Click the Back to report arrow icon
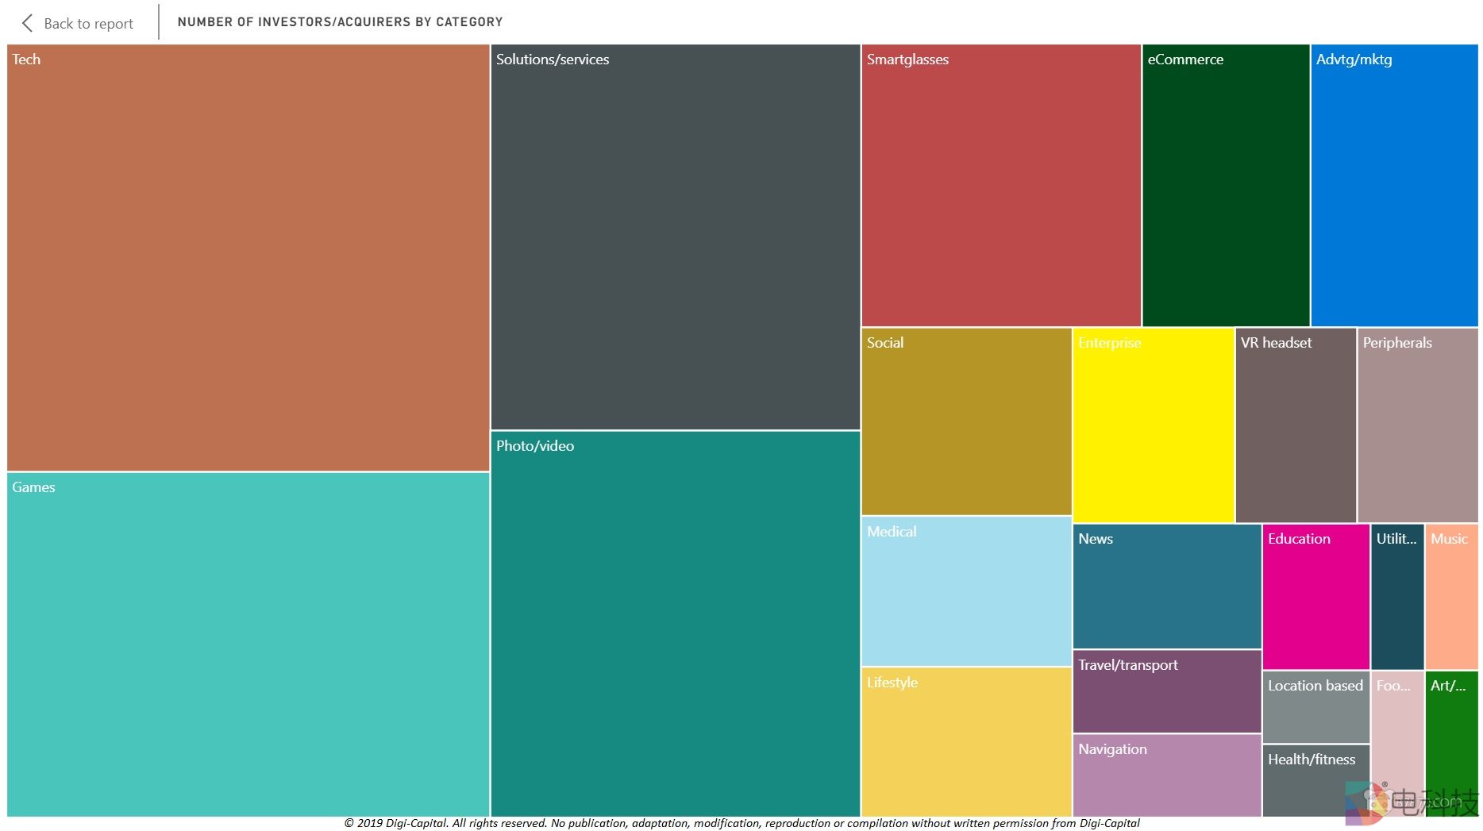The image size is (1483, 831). click(28, 23)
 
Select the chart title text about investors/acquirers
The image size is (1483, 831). click(340, 22)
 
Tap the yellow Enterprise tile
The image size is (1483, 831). click(1153, 425)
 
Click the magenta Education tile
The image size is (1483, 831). click(1315, 597)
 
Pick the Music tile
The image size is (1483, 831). click(1451, 597)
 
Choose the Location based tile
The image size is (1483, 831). click(1315, 706)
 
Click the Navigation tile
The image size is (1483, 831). click(1166, 775)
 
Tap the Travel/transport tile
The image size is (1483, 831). click(1166, 691)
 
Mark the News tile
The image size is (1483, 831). click(1166, 587)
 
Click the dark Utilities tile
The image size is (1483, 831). click(1396, 597)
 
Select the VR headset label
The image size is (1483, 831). click(1276, 343)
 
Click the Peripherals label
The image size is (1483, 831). click(1397, 343)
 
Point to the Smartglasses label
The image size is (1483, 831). click(907, 60)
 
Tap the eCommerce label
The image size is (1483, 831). click(1185, 60)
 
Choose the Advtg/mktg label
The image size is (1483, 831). click(1354, 60)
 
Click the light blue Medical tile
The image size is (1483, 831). click(966, 591)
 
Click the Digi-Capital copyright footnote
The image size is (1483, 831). click(741, 823)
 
